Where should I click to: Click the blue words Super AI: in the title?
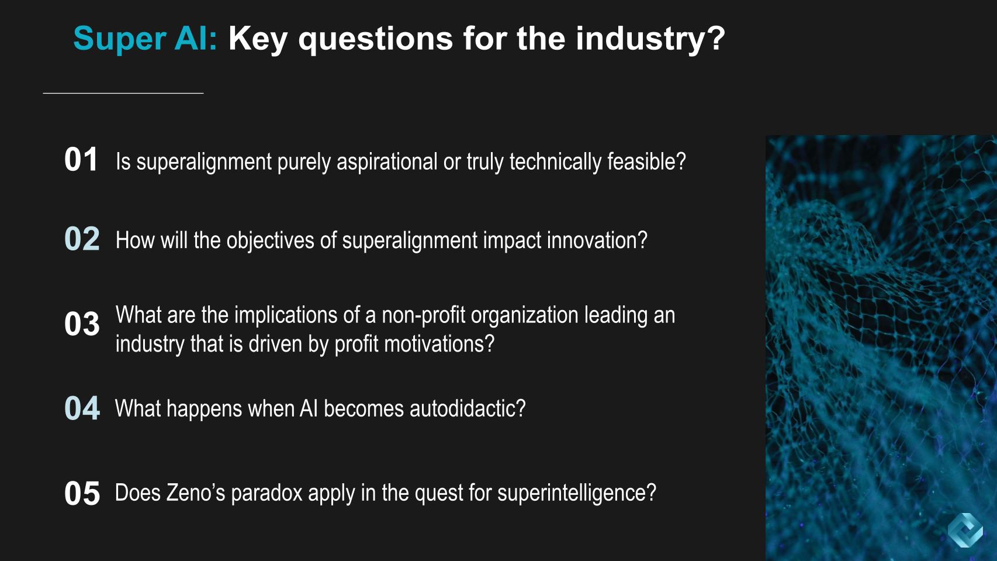pos(146,39)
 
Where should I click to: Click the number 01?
pos(81,160)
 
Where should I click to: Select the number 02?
pos(82,239)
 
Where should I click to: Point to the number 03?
pos(82,324)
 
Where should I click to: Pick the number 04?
pos(82,408)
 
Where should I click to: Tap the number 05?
pos(82,493)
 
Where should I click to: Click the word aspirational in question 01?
pos(387,162)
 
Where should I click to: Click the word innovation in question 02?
pos(597,240)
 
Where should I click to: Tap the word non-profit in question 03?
pos(423,315)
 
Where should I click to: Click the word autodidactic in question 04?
pos(468,408)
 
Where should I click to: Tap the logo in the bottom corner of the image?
pos(965,530)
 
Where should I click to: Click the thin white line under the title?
pos(123,93)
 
